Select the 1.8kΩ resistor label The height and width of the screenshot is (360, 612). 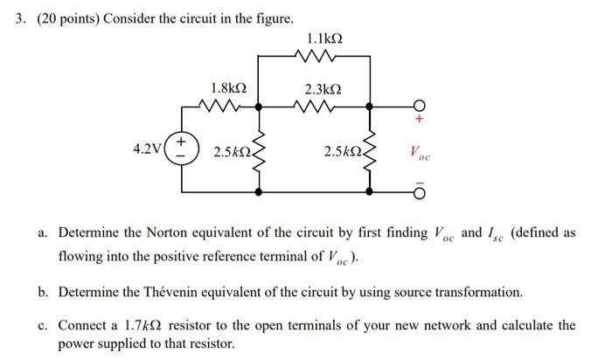(x=228, y=88)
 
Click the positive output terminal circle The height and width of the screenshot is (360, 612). (x=419, y=106)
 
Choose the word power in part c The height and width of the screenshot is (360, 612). (x=76, y=343)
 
